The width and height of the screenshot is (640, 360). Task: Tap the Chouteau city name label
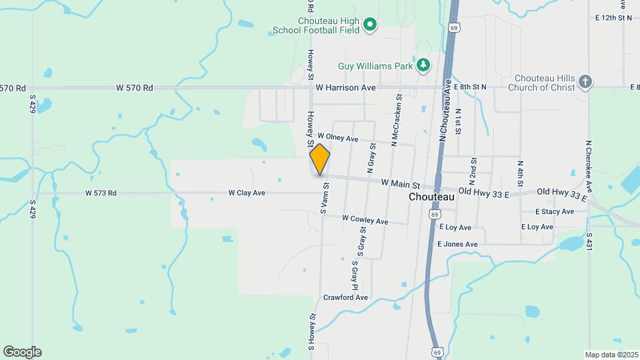pos(431,197)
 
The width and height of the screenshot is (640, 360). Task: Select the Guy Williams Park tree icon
pos(423,65)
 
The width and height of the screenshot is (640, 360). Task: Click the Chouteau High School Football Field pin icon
pos(370,26)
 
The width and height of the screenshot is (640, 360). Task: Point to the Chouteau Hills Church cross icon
pos(585,81)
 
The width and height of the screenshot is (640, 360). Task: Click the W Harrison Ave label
pos(346,87)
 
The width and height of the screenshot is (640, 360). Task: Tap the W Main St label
pos(400,183)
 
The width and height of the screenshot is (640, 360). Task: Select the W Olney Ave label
pos(338,138)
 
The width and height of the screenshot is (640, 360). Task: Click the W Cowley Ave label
pos(365,219)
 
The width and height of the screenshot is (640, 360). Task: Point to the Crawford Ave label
pos(345,297)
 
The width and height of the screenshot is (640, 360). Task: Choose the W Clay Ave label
pos(247,193)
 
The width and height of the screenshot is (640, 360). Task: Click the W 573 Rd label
pos(101,193)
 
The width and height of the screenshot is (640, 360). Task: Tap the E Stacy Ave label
pos(554,211)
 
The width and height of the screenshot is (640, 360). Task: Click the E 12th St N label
pos(615,18)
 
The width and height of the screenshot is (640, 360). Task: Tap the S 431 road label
pos(589,241)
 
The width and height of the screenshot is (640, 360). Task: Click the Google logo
pos(22,352)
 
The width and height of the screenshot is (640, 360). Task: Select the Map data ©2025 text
pos(610,355)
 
